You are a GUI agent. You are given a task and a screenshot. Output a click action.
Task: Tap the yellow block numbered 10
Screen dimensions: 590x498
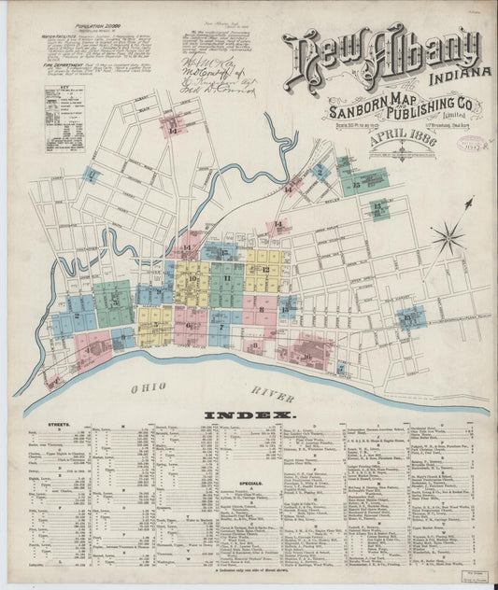point(192,279)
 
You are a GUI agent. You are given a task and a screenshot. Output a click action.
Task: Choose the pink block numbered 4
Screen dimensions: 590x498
point(91,349)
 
